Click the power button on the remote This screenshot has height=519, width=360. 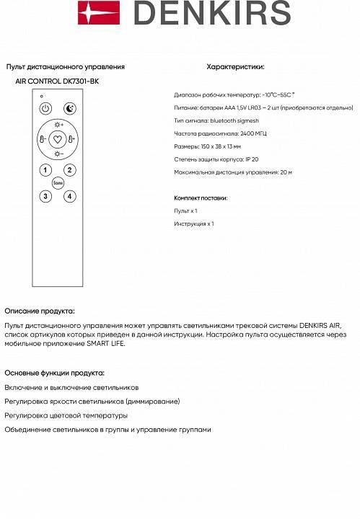click(45, 109)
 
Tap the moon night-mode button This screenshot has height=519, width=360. click(69, 109)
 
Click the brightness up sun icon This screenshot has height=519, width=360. click(58, 125)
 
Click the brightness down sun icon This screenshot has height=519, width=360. click(58, 154)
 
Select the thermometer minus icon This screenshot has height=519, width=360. click(43, 139)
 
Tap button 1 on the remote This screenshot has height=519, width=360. click(45, 170)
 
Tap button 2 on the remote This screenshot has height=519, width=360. click(69, 170)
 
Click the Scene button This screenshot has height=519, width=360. click(58, 183)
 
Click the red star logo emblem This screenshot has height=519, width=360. click(92, 13)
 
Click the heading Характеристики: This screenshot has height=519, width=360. click(235, 66)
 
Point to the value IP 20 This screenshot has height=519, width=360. click(252, 159)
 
